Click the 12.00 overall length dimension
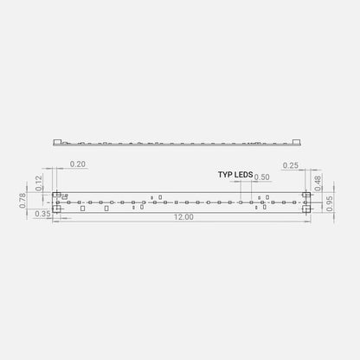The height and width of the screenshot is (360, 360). point(183,217)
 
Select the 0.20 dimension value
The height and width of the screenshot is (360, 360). point(78,164)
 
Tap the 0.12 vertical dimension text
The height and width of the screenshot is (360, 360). point(39,183)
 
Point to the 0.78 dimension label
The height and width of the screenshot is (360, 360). point(22,201)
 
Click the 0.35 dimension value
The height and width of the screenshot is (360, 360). point(42,214)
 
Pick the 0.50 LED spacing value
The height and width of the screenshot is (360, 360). point(262,177)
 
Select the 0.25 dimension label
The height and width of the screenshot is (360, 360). point(291,165)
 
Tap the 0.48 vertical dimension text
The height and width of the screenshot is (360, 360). point(317,183)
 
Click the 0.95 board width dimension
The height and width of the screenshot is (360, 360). point(330,203)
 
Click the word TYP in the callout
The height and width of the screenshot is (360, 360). point(225,175)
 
